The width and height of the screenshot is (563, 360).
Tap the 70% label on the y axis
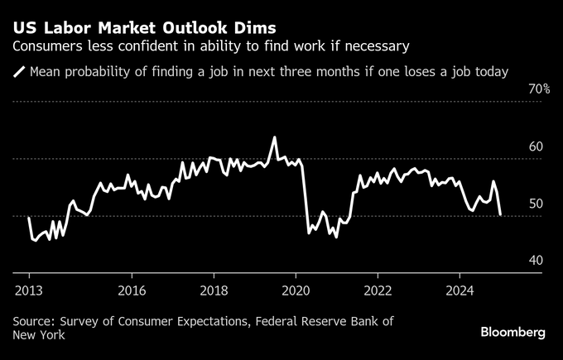click(x=540, y=89)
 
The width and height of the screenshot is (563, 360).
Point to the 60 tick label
click(x=536, y=146)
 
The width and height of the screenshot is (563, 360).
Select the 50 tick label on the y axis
click(x=536, y=204)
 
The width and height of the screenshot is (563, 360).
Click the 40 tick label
click(x=536, y=261)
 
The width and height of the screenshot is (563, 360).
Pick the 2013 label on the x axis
click(x=29, y=290)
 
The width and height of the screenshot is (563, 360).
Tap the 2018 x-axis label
click(x=214, y=290)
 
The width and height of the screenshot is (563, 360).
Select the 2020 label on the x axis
click(x=296, y=290)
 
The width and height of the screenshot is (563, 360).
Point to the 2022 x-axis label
click(x=378, y=290)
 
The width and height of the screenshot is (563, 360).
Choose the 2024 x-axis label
click(x=460, y=290)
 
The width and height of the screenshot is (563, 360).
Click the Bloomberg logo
click(x=513, y=332)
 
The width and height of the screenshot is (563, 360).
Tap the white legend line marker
click(x=19, y=72)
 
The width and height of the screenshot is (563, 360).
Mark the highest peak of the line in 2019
click(x=274, y=137)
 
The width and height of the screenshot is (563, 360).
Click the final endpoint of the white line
click(x=499, y=214)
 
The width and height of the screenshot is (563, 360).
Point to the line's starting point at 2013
click(x=29, y=218)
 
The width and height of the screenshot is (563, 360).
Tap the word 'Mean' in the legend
click(x=46, y=72)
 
